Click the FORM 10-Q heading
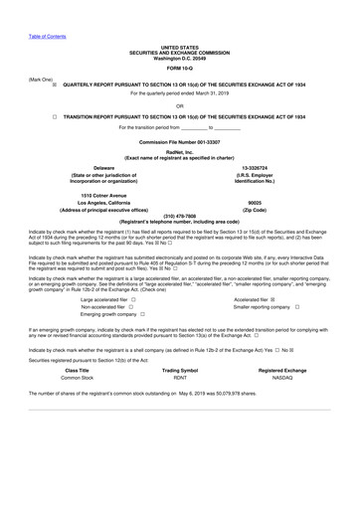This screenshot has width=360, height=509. pos(180,68)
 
